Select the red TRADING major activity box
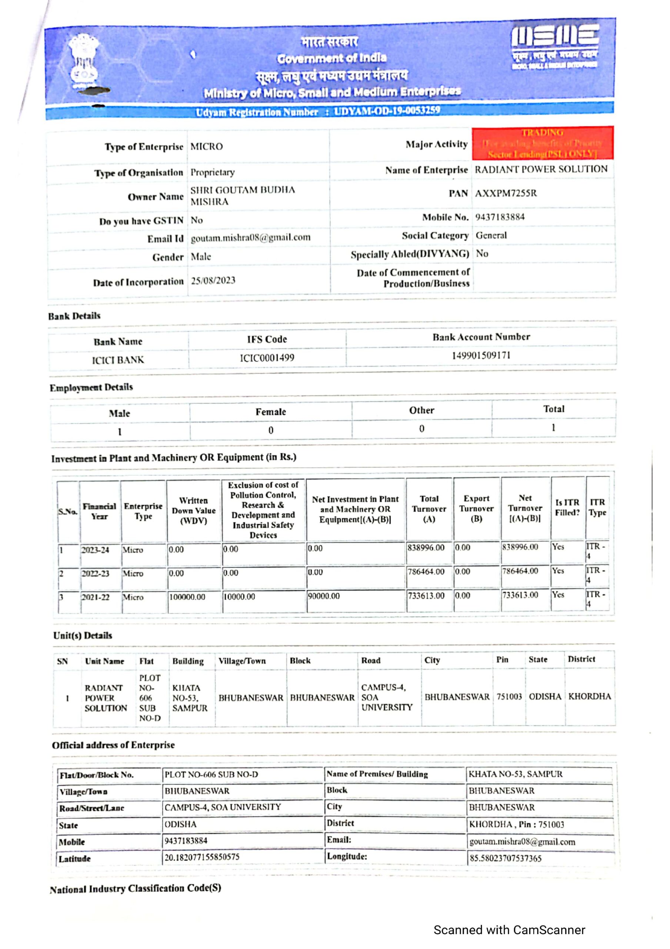click(x=542, y=143)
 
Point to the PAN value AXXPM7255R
click(x=506, y=193)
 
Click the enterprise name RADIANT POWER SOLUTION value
click(x=541, y=169)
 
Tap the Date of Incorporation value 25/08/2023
click(x=213, y=281)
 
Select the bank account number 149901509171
click(x=481, y=356)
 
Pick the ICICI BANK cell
click(x=118, y=360)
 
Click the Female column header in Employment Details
click(x=271, y=412)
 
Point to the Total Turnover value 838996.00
click(x=426, y=548)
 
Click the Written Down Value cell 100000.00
click(x=187, y=597)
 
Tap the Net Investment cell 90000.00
click(x=323, y=596)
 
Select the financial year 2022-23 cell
click(x=96, y=573)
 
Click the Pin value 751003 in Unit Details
click(x=509, y=697)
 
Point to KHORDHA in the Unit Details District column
click(x=589, y=696)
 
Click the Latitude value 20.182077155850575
click(x=202, y=857)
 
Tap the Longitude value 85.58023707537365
click(x=505, y=858)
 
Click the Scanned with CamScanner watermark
click(x=509, y=930)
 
